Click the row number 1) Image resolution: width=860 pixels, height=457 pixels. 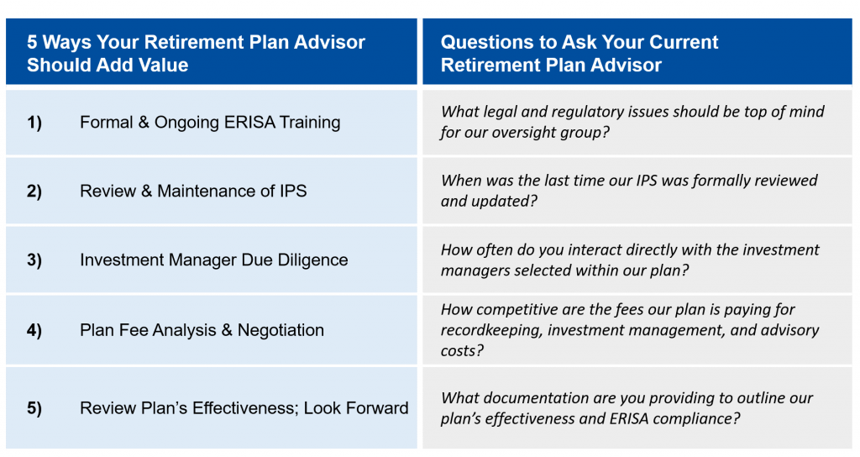pos(34,123)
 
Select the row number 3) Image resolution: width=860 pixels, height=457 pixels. pos(34,260)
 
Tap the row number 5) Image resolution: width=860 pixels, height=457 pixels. pos(34,408)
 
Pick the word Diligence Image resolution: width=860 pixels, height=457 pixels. pos(312,260)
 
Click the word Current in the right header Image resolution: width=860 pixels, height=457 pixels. pos(682,42)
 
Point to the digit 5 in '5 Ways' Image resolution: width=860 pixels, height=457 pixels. pos(32,42)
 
